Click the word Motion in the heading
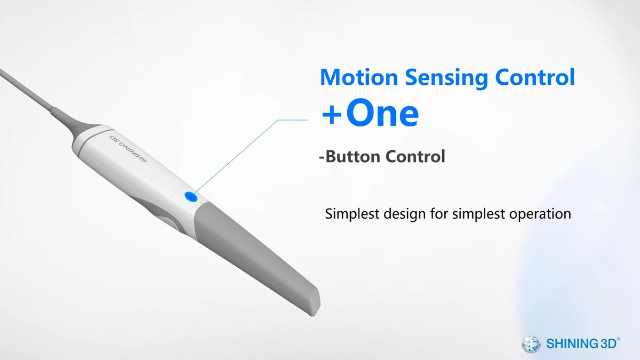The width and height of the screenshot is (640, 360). point(359,77)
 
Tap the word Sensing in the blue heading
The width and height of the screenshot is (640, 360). point(446,78)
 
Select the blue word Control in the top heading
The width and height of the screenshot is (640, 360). point(535,77)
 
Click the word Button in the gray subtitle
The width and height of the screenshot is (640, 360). point(352,156)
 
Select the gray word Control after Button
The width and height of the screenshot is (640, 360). point(415,156)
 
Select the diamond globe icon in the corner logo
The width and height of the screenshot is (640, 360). point(531,343)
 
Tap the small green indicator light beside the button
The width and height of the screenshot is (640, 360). point(201,204)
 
